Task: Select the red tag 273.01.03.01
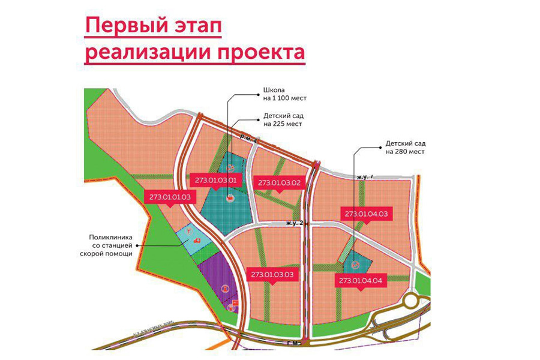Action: [x=217, y=179]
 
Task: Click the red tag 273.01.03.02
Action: [x=279, y=182]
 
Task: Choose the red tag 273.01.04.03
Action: [x=366, y=214]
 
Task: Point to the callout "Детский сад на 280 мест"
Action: [x=404, y=148]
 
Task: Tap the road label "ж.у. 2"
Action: [x=293, y=223]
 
